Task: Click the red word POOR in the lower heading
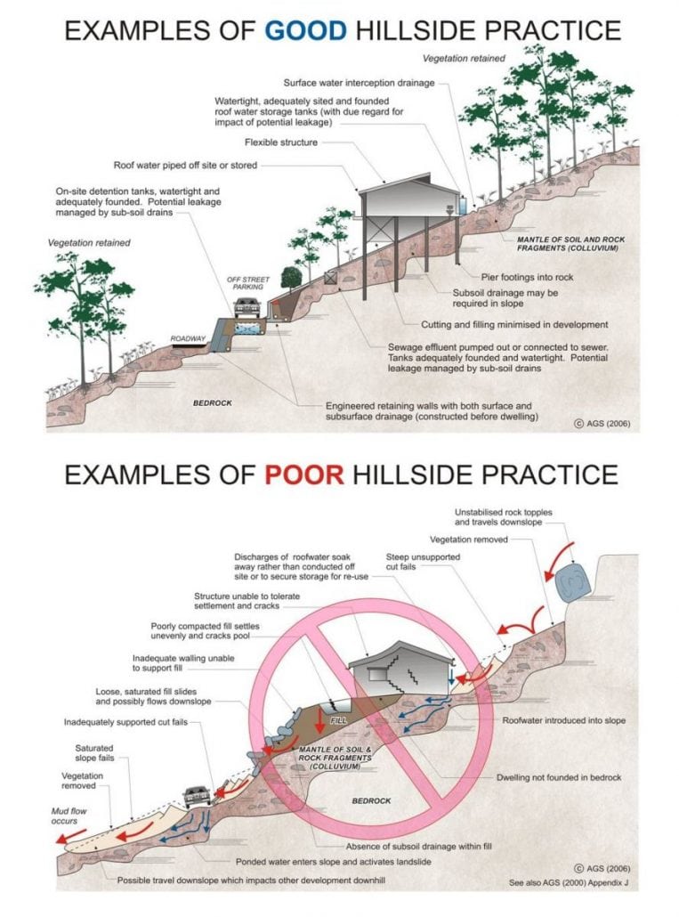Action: pyautogui.click(x=303, y=473)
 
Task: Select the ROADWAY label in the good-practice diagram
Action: pyautogui.click(x=189, y=339)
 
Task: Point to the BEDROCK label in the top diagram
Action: pyautogui.click(x=213, y=403)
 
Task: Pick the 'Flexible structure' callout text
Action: pyautogui.click(x=280, y=142)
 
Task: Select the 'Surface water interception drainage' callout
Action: pyautogui.click(x=360, y=82)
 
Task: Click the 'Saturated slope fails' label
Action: pyautogui.click(x=94, y=753)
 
